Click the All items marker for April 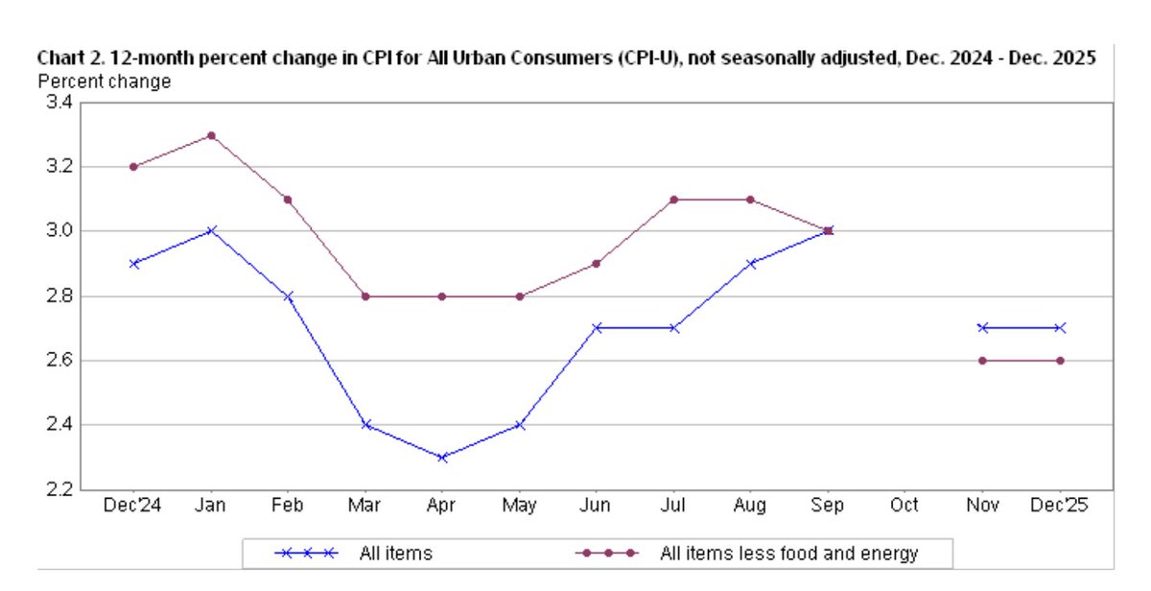[441, 458]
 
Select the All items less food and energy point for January [210, 135]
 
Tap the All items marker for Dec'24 [133, 263]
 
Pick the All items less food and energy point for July [673, 200]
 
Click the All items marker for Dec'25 [1060, 327]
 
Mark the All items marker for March [364, 424]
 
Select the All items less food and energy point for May [519, 296]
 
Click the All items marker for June [597, 327]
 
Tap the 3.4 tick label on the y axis [59, 103]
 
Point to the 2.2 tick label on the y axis [59, 489]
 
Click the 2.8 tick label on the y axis [59, 296]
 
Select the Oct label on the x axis [904, 506]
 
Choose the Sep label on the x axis [828, 506]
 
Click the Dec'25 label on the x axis [1060, 506]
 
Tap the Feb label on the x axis [287, 506]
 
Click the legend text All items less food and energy [788, 554]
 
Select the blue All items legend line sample [305, 554]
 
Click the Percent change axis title [104, 82]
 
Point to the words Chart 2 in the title [67, 59]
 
